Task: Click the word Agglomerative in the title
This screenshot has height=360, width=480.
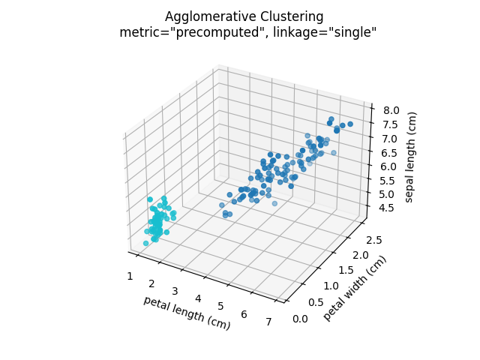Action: pos(203,16)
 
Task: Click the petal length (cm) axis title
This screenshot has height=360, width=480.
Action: pos(187,313)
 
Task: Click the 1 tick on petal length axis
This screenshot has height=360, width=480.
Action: pos(130,276)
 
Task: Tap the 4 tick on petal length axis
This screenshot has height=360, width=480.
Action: pos(198,298)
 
